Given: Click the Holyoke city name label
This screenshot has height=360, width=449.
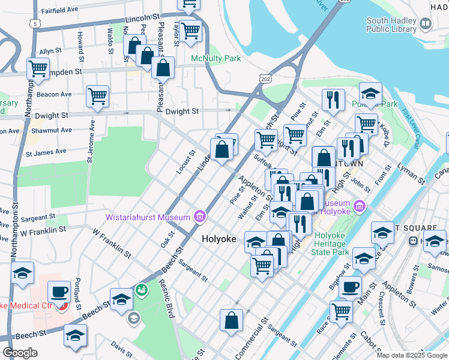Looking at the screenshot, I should click(x=220, y=239).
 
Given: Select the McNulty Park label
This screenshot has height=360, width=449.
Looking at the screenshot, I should click(x=215, y=59).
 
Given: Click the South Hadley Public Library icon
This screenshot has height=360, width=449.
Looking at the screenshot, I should click(x=426, y=24).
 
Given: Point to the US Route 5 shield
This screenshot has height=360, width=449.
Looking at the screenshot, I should click(x=37, y=23).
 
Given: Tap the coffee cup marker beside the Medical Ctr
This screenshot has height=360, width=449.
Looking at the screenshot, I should click(x=59, y=292).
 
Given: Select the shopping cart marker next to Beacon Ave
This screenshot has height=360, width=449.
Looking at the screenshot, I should click(x=97, y=95).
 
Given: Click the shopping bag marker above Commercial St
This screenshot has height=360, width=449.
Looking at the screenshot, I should click(x=232, y=320).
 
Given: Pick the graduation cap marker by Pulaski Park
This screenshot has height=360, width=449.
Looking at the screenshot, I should click(x=370, y=94).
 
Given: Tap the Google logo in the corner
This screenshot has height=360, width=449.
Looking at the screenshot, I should click(x=20, y=353).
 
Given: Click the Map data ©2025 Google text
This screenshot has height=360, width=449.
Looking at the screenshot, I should click(x=411, y=355).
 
